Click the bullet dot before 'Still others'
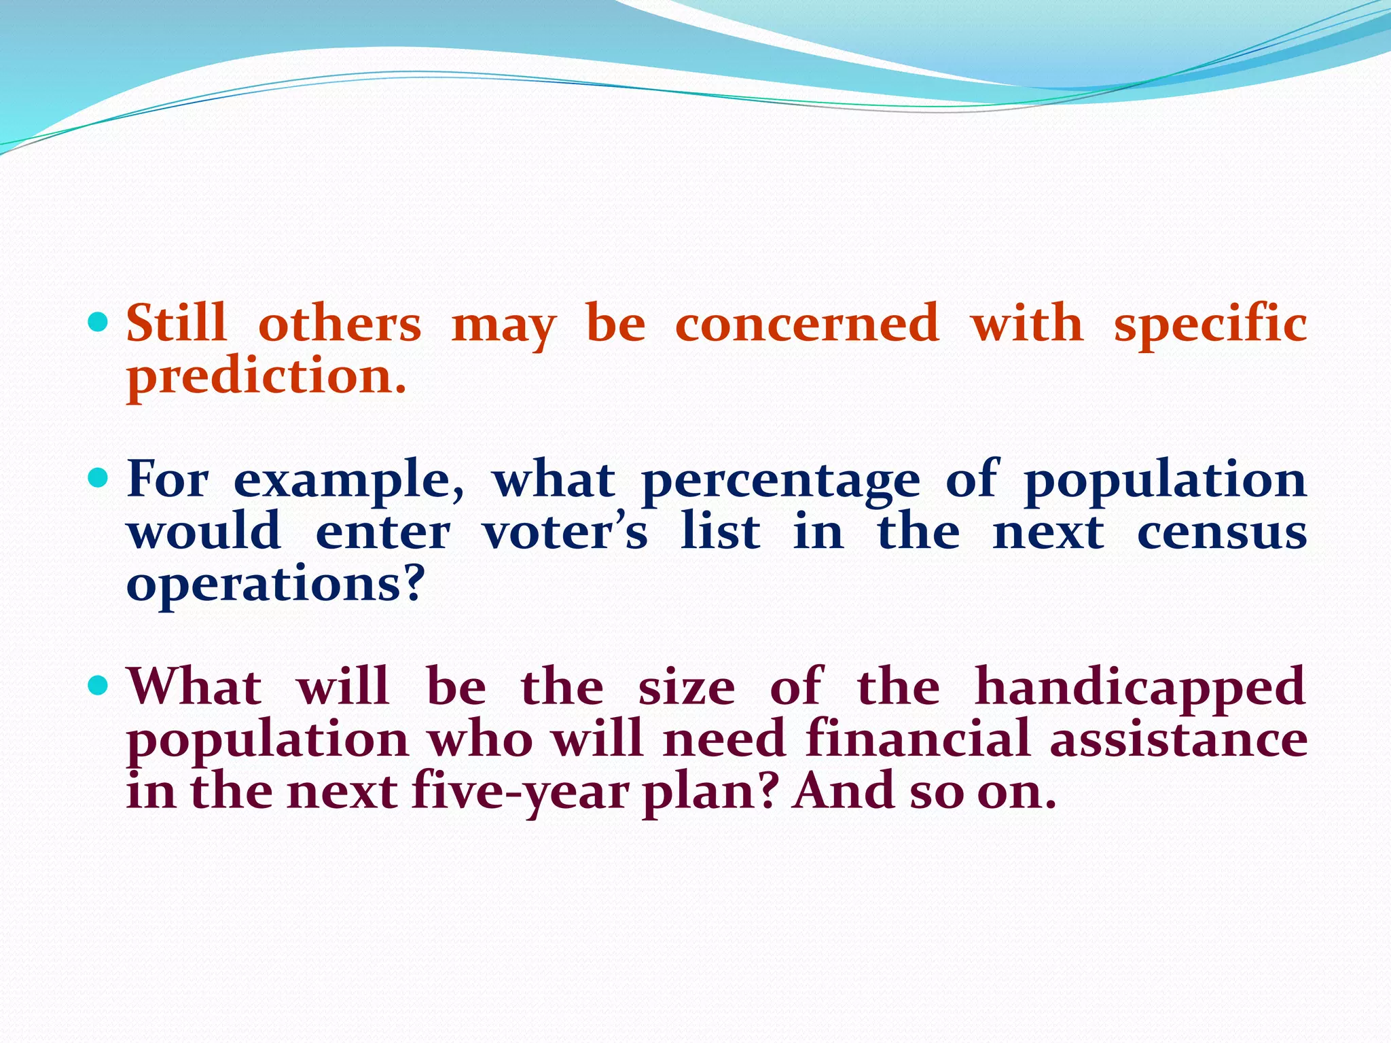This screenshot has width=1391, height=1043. click(98, 322)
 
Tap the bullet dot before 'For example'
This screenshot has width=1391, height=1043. click(98, 479)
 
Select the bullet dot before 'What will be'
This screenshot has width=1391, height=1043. click(98, 686)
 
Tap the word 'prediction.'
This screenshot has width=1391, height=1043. click(266, 378)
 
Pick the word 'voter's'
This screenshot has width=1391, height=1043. click(565, 532)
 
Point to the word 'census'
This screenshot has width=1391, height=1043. click(1222, 534)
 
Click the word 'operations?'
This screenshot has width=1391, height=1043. click(275, 586)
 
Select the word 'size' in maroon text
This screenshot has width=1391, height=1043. click(686, 688)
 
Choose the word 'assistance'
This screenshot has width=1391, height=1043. click(1178, 740)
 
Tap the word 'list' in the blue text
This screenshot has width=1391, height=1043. click(721, 532)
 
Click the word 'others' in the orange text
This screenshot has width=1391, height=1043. click(340, 325)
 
